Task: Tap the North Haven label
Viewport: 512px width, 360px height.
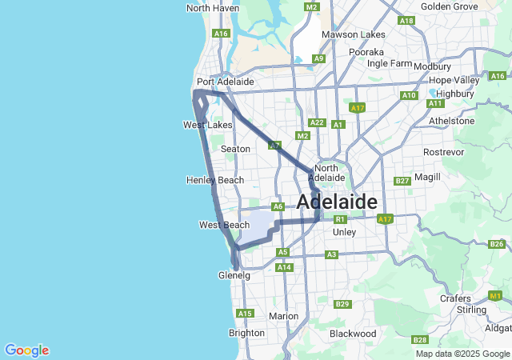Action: (212, 8)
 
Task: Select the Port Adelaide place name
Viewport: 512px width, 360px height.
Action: (225, 82)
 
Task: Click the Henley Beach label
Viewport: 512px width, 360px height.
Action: (214, 180)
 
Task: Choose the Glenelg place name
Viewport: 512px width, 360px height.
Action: (234, 275)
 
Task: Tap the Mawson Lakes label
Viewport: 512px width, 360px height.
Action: (353, 34)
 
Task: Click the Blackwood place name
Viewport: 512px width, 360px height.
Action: (353, 333)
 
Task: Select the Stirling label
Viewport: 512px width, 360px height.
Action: (472, 310)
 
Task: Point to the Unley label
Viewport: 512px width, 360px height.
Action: (343, 232)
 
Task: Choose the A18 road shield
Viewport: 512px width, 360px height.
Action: (406, 21)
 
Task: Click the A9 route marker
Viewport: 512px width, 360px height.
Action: (319, 58)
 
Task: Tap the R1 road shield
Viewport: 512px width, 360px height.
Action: (340, 219)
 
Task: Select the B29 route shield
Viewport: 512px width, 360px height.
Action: (342, 304)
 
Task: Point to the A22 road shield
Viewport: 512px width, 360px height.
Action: (317, 122)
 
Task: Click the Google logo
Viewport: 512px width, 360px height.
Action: (26, 350)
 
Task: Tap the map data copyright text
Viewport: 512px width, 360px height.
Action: (462, 354)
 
